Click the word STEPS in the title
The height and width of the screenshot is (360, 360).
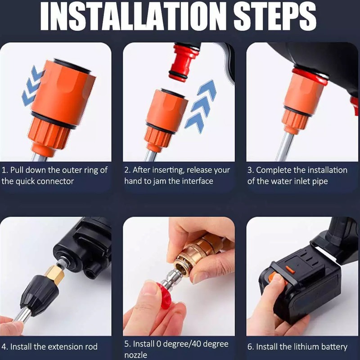[275, 17]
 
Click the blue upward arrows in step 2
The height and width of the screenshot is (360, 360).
[201, 106]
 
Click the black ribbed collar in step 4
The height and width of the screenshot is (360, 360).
[39, 296]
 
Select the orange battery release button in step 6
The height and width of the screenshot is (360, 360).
[290, 270]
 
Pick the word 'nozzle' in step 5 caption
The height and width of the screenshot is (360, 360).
[136, 355]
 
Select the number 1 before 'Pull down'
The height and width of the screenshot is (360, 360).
[4, 170]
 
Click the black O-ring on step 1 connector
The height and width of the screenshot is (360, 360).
[54, 120]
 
